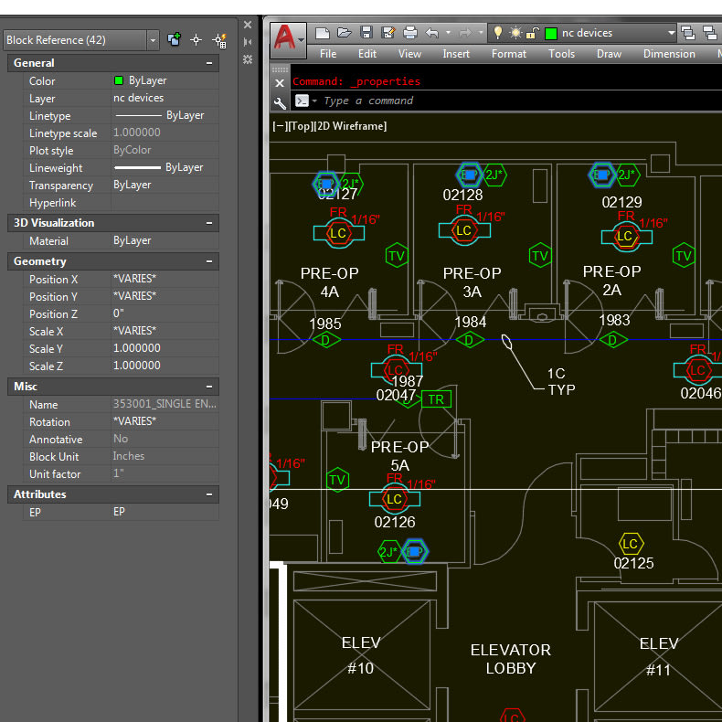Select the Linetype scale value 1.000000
(137, 133)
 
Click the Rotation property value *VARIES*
(134, 422)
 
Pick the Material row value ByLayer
(133, 241)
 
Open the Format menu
(508, 54)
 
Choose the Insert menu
(456, 54)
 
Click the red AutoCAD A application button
(286, 37)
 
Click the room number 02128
(462, 196)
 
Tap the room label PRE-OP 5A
(399, 456)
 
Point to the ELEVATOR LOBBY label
(510, 659)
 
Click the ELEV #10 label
(361, 655)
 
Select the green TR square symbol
(436, 399)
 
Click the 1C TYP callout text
(559, 381)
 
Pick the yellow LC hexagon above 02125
(630, 545)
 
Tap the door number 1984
(470, 323)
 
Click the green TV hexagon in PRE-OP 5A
(337, 480)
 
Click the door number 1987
(407, 381)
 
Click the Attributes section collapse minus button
(209, 494)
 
